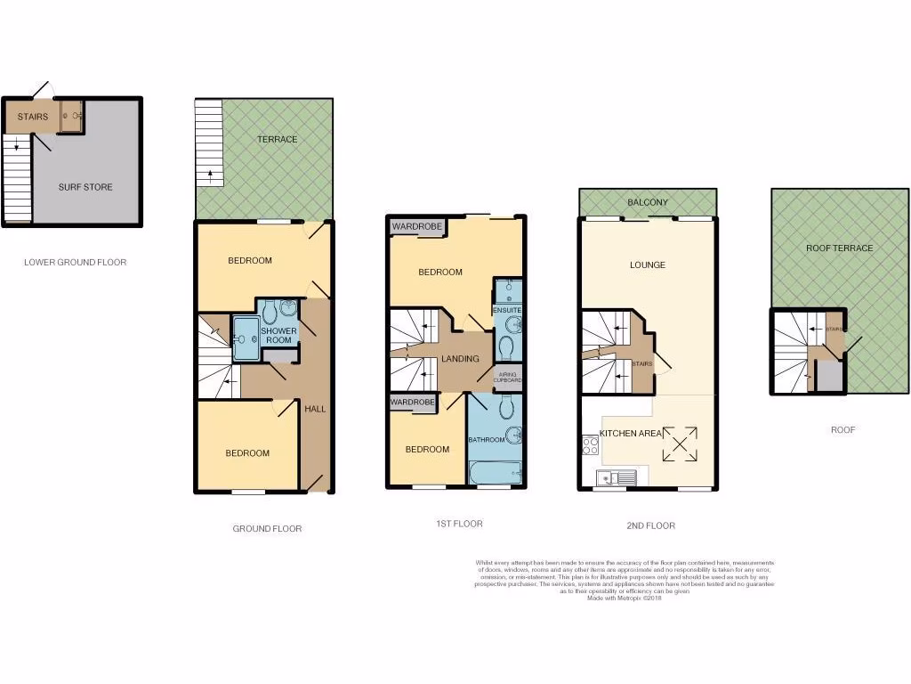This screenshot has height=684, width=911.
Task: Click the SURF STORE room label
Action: pyautogui.click(x=85, y=187)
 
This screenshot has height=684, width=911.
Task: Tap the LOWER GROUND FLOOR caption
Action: pyautogui.click(x=75, y=263)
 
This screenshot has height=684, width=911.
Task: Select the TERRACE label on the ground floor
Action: pyautogui.click(x=278, y=139)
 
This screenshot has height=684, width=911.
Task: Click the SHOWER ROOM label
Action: pyautogui.click(x=278, y=336)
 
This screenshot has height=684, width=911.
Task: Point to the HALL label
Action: pyautogui.click(x=315, y=410)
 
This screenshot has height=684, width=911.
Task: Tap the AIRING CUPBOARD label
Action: pyautogui.click(x=508, y=377)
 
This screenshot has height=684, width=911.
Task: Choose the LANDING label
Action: pyautogui.click(x=460, y=359)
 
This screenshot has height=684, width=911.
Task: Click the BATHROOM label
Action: pyautogui.click(x=488, y=440)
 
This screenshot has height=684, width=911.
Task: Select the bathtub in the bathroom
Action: pyautogui.click(x=496, y=469)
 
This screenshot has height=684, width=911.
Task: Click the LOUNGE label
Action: pyautogui.click(x=647, y=265)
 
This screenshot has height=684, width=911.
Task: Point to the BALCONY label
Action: pyautogui.click(x=648, y=203)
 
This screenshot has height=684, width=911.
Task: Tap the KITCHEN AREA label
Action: pyautogui.click(x=631, y=433)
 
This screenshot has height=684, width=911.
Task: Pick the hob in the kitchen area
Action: pyautogui.click(x=589, y=444)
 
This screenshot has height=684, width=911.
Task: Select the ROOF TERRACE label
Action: pyautogui.click(x=840, y=248)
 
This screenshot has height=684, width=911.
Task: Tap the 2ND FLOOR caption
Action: pyautogui.click(x=650, y=525)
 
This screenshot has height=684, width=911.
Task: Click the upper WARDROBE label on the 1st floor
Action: pyautogui.click(x=417, y=227)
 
